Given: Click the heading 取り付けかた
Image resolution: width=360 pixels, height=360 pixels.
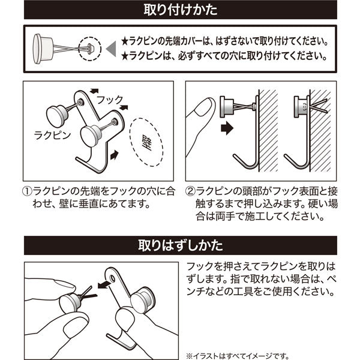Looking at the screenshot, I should [180, 10].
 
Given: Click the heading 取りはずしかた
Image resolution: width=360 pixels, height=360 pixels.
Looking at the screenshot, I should [180, 245].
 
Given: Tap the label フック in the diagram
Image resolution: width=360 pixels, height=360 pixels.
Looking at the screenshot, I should [109, 98].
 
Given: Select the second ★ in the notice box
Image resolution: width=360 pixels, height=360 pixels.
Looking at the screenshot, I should [125, 57].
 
